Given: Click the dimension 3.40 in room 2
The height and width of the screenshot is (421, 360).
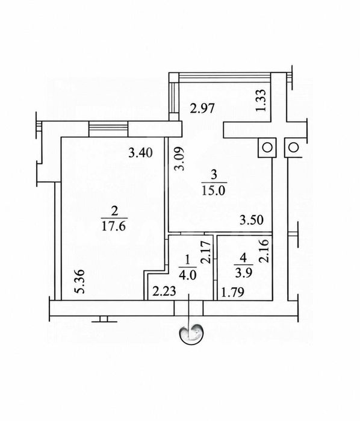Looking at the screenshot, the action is click(140, 153).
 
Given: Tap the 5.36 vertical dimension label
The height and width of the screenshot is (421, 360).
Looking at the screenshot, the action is click(80, 282).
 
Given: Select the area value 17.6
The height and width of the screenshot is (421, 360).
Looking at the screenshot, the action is click(114, 226).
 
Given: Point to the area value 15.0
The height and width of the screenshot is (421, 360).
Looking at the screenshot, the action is click(213, 191).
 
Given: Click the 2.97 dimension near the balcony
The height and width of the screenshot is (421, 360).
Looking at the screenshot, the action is click(202, 109).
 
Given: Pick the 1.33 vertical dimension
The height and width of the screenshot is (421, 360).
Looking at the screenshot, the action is click(261, 100).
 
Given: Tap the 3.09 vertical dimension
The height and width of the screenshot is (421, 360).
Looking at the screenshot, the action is click(179, 158).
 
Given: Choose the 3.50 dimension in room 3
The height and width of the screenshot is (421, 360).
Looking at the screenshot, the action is click(252, 220).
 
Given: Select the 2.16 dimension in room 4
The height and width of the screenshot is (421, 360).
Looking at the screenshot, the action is click(264, 251).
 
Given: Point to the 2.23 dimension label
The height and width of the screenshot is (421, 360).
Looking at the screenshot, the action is click(164, 292).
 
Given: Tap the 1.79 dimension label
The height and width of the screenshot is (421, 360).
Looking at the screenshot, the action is click(232, 292).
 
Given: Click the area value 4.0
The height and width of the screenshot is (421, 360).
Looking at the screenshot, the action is click(188, 275).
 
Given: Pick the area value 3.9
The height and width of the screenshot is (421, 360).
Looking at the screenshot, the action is click(243, 273).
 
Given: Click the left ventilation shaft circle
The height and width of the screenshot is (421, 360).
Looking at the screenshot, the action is click(267, 148).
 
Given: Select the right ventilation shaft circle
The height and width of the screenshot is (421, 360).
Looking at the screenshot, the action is click(293, 148).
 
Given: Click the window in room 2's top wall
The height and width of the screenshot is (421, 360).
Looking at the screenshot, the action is click(108, 129).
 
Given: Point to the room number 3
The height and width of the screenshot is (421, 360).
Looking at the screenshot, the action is click(214, 175).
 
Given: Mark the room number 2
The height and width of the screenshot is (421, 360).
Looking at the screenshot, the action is click(114, 211).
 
